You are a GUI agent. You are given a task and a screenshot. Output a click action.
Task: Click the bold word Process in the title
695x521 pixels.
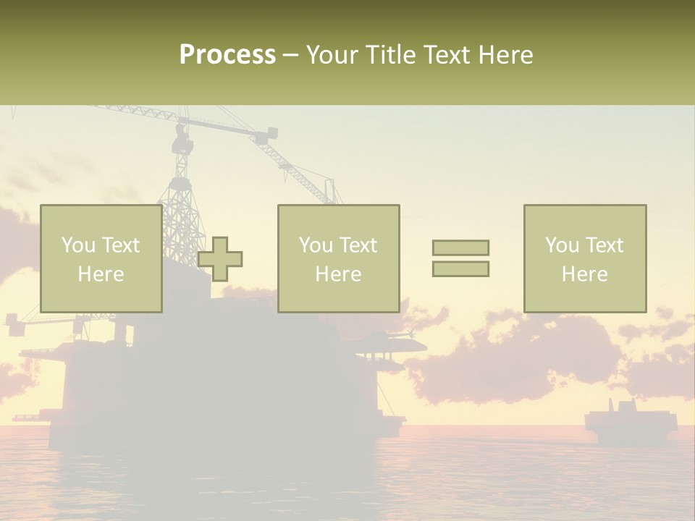coord(227,55)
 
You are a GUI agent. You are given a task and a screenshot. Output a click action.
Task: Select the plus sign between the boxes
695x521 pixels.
coord(220,259)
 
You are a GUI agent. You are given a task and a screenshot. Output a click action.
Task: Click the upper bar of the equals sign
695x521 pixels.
coord(460,247)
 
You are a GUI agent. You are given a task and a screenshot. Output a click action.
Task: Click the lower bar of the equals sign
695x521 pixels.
coord(460,268)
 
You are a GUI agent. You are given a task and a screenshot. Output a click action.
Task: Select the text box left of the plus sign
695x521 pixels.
coord(101,259)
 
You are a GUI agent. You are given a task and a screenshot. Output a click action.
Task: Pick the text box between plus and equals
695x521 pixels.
coord(338,259)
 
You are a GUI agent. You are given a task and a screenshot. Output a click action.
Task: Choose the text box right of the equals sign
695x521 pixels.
coord(584,259)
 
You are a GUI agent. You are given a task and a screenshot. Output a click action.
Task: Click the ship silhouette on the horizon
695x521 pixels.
coord(631,423)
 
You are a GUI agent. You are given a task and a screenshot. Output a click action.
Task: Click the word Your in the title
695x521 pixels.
coord(332,55)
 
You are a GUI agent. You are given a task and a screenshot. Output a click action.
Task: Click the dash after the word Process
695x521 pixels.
coord(290,55)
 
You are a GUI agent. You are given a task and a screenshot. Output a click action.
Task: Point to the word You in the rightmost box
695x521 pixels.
coord(562,245)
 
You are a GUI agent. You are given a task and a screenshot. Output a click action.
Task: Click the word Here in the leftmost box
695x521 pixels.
coord(101,274)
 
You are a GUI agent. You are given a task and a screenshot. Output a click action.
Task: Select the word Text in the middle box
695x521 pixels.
coord(358,245)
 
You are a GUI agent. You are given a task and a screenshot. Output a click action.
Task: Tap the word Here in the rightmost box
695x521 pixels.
coord(584,274)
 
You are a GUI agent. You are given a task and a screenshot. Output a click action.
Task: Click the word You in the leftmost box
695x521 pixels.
coord(78,245)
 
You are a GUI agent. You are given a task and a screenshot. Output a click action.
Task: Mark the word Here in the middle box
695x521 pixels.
coord(338,274)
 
